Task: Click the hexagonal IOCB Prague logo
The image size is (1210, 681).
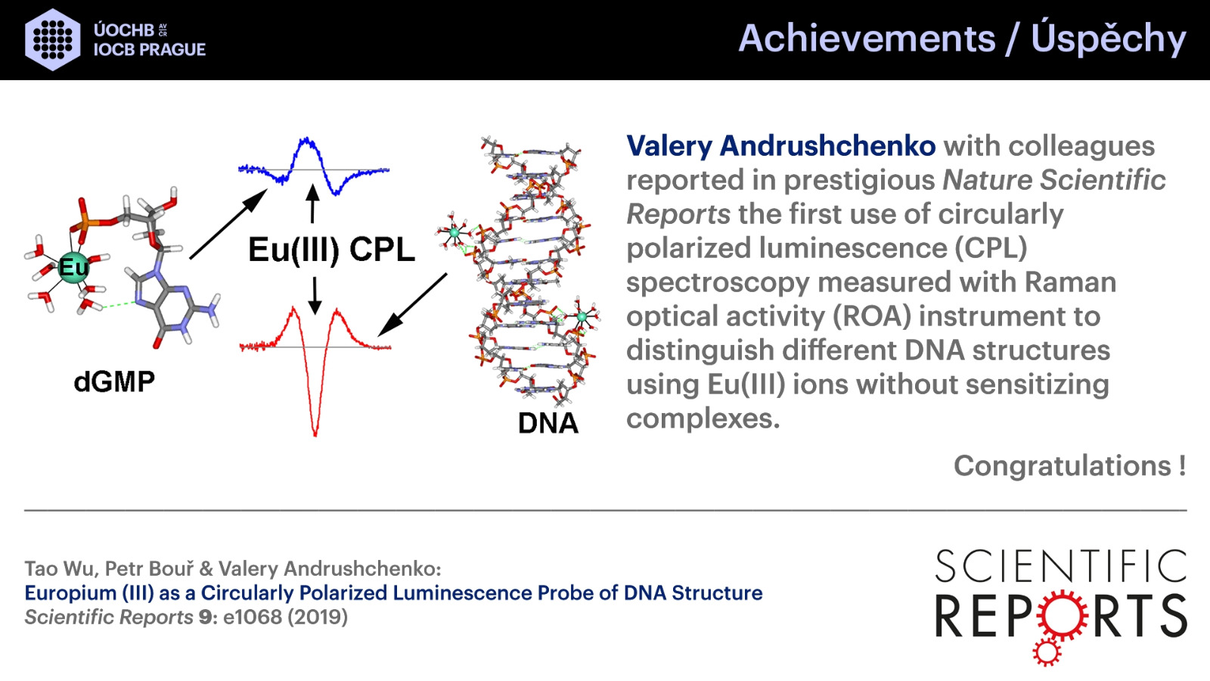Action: coord(52,39)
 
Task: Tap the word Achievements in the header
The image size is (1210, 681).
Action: coord(867,39)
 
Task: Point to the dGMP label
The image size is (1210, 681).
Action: coord(114,381)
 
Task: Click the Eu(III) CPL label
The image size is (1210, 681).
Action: coord(331,250)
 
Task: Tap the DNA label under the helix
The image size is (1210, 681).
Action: coord(548,423)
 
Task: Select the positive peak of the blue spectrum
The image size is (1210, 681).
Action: coord(306,141)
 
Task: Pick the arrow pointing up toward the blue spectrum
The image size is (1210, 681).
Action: coord(312,204)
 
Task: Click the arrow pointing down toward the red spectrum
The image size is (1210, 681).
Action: coord(315,296)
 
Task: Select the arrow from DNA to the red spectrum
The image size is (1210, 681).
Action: coord(412,305)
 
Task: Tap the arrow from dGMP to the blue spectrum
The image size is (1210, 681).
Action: coord(228,224)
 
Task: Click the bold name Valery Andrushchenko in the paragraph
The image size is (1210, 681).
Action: coord(780,146)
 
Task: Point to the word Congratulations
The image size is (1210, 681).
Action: coord(1063,465)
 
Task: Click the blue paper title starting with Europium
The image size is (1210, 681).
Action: coord(393,593)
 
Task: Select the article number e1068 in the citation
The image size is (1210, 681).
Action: coord(253,617)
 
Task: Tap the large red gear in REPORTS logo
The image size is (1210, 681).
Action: coord(1062,616)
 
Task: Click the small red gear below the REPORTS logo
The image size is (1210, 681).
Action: coord(1047,652)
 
